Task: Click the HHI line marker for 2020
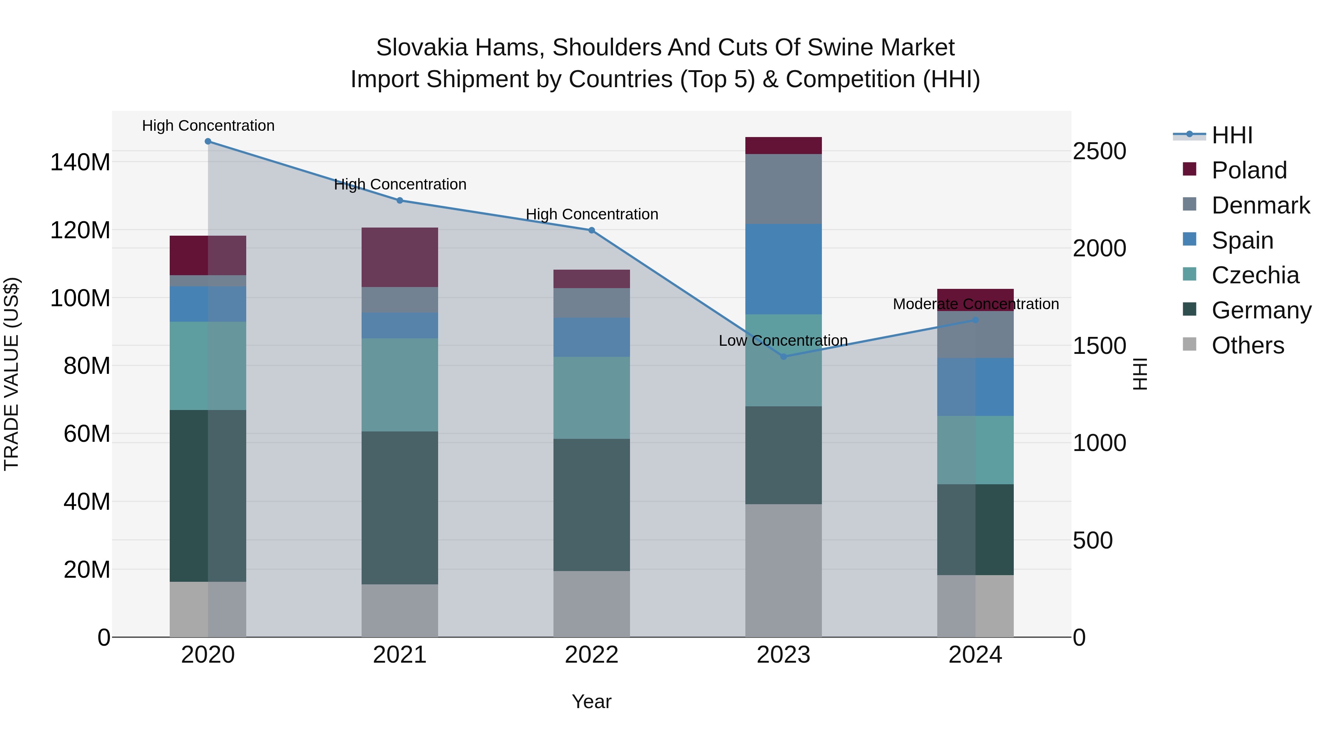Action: (208, 141)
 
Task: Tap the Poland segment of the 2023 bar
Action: (783, 146)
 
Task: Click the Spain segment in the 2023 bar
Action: (783, 269)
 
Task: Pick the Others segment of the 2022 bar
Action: (592, 604)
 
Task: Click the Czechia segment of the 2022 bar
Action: (592, 398)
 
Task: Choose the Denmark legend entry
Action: (1260, 205)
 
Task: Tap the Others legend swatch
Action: (1189, 344)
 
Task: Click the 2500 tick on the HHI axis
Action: (1099, 151)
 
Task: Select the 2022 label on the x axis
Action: (592, 655)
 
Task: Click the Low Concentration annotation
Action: (783, 341)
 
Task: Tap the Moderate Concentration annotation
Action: (976, 304)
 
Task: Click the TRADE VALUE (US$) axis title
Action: (11, 374)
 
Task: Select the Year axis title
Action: (592, 701)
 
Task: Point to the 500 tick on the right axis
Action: (1092, 540)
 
